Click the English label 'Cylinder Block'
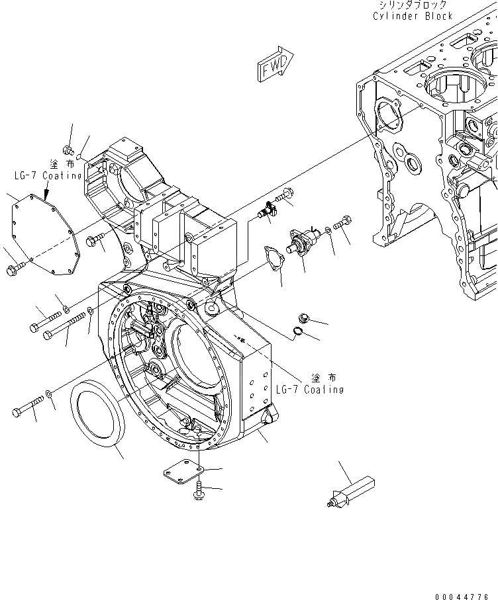[x=413, y=16]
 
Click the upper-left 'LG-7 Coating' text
[x=48, y=176]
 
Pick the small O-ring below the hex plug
[x=299, y=332]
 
